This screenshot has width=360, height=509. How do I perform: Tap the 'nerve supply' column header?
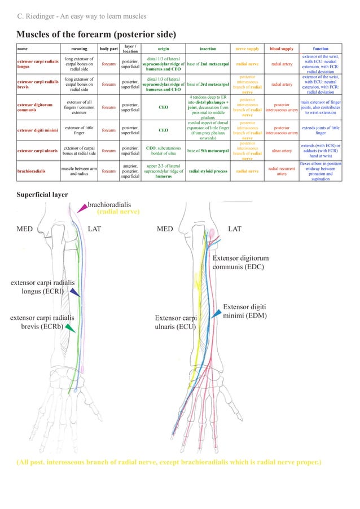point(247,49)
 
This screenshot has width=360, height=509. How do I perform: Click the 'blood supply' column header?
point(282,49)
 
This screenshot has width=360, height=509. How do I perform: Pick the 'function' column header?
point(320,49)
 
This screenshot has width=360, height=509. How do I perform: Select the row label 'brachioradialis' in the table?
point(32,171)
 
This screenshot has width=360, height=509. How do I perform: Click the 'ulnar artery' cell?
point(282,151)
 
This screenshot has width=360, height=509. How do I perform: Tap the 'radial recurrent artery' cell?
point(282,171)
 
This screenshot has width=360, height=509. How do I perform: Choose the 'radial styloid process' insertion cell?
point(208,171)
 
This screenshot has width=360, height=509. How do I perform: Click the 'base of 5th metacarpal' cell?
point(208,151)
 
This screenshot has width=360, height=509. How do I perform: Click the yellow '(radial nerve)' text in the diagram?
point(118,212)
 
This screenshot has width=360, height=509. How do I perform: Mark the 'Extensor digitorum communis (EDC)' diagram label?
point(240,262)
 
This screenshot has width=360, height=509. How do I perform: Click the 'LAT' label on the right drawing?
point(234,230)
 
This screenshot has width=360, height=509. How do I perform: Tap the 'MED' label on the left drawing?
point(25,230)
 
